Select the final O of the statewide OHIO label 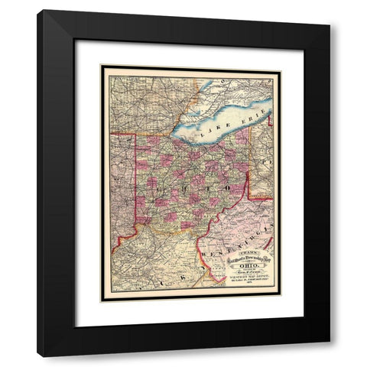click(x=231, y=186)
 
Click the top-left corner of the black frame click(x=38, y=11)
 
